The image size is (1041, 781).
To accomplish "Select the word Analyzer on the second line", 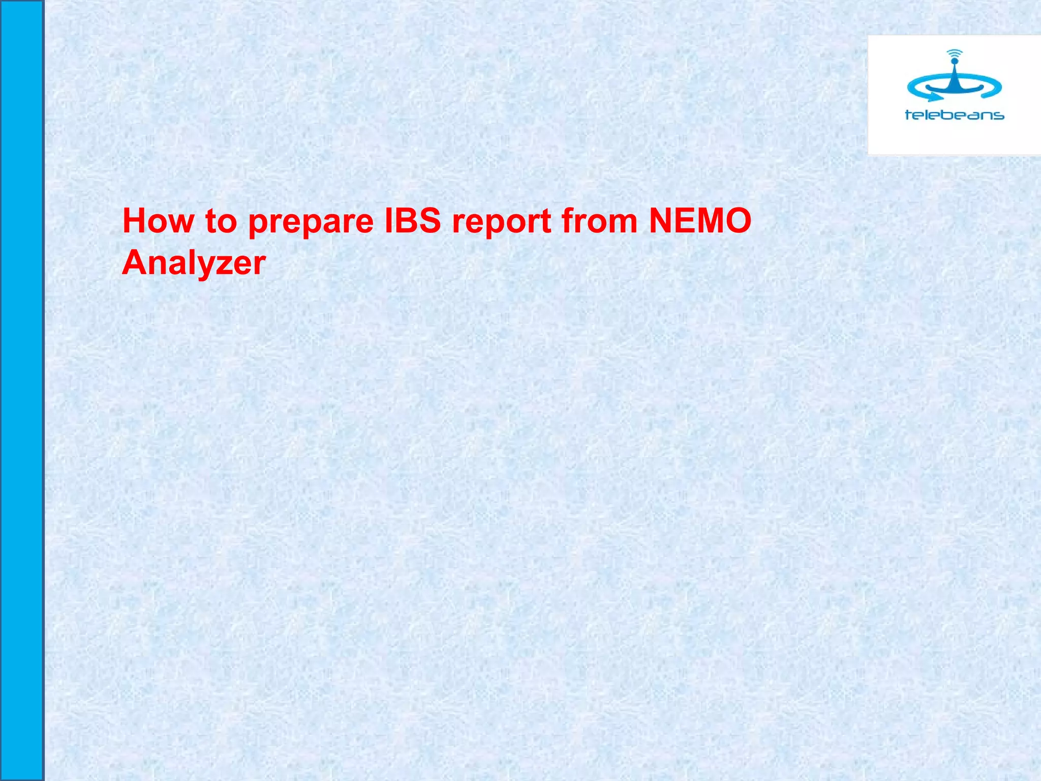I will coord(194,263).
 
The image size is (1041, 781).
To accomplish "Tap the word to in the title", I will coord(221,222).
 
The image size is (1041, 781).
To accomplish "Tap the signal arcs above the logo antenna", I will coord(955,52).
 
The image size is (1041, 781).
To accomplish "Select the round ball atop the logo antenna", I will coord(954,62).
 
